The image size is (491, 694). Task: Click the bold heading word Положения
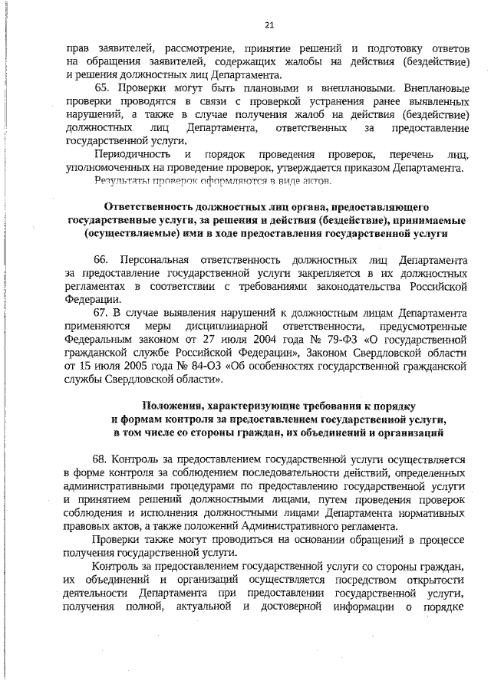click(x=173, y=406)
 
